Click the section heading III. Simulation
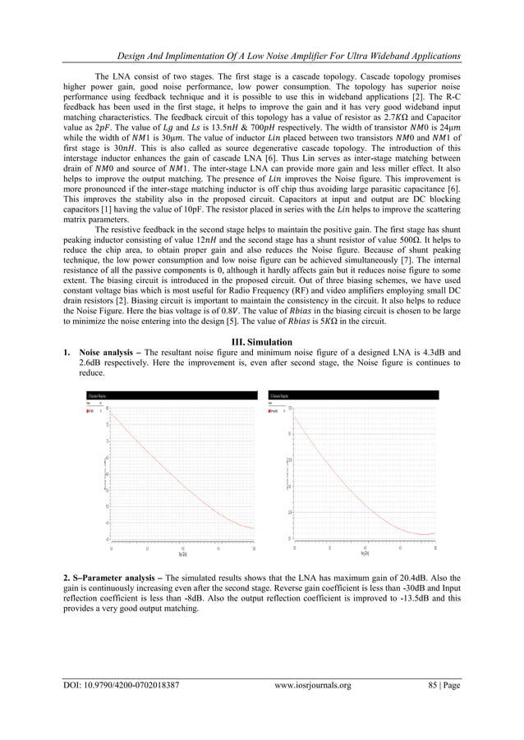pos(262,341)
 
